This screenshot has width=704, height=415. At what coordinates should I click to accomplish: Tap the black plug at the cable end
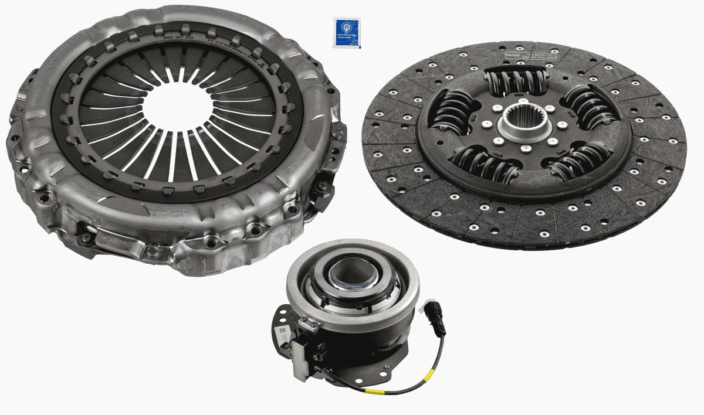coord(436,314)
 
